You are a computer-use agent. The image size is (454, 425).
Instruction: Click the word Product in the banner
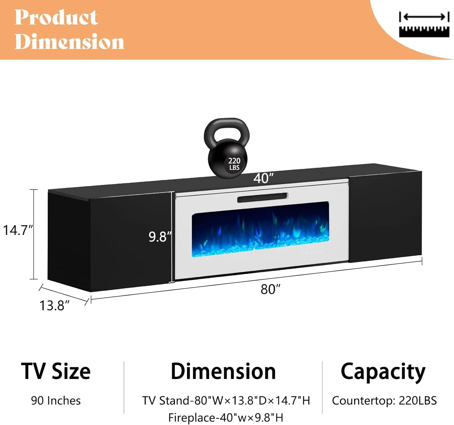pyautogui.click(x=57, y=17)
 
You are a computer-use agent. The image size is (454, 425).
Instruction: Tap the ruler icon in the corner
pyautogui.click(x=424, y=32)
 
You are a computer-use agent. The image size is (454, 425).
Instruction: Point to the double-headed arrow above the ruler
pyautogui.click(x=424, y=17)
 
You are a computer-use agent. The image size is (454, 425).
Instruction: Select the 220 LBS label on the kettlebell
pyautogui.click(x=234, y=164)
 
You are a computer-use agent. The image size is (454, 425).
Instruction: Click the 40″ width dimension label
pyautogui.click(x=263, y=178)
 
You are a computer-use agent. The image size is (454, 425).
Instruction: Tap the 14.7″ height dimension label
pyautogui.click(x=18, y=230)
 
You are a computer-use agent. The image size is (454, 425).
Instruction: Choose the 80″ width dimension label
pyautogui.click(x=271, y=289)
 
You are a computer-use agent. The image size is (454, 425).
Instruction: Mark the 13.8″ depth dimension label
pyautogui.click(x=54, y=305)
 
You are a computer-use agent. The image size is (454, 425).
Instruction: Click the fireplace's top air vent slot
pyautogui.click(x=263, y=198)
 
